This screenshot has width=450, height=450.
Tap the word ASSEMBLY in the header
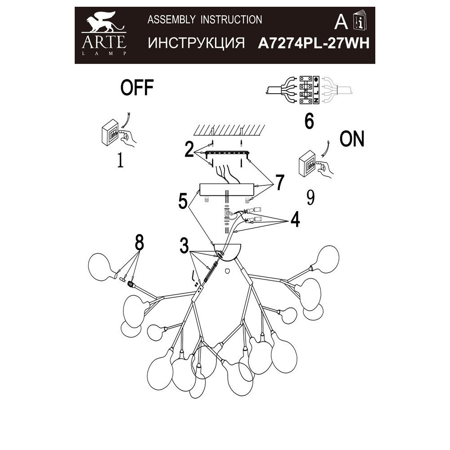click(171, 19)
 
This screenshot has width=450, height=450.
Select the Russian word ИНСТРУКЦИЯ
click(196, 43)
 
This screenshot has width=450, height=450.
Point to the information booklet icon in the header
click(360, 20)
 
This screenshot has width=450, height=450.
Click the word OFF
click(137, 88)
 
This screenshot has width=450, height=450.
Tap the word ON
click(352, 140)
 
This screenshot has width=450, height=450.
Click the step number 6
click(309, 121)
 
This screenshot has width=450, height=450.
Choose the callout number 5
click(182, 201)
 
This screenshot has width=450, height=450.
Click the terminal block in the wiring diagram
click(310, 90)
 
